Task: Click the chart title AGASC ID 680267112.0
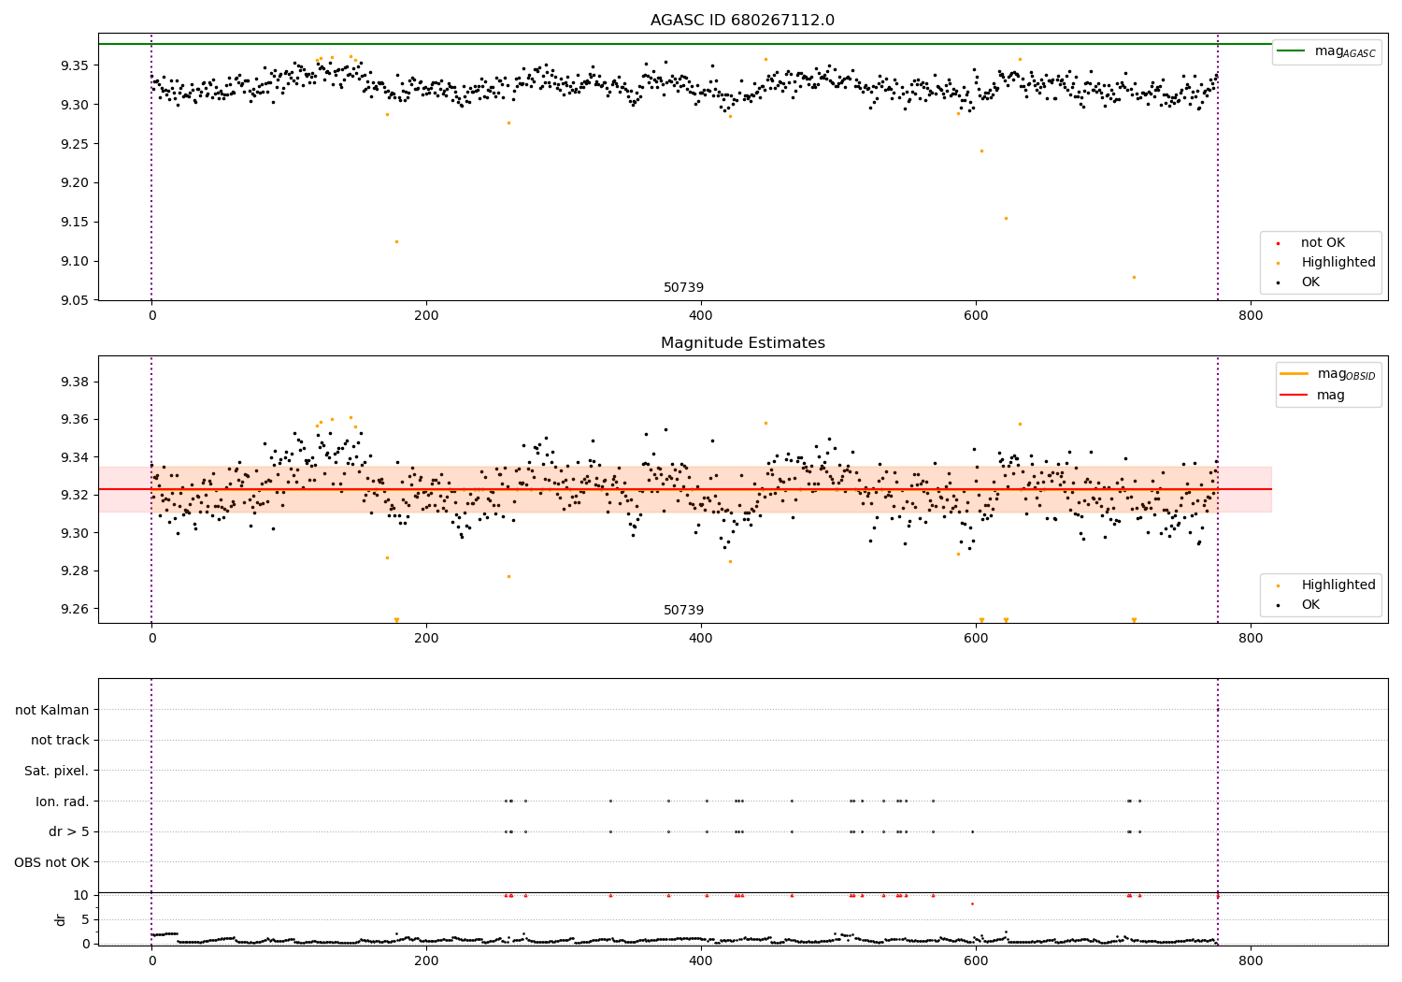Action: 742,21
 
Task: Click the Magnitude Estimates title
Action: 742,343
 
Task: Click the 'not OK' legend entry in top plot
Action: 1323,243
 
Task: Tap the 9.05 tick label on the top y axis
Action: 74,300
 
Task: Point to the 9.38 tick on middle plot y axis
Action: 74,382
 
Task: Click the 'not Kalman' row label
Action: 52,710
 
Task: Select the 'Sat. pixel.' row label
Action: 57,771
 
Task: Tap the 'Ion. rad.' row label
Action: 63,801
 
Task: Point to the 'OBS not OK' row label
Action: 52,862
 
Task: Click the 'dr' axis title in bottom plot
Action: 61,919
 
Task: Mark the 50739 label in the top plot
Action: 683,288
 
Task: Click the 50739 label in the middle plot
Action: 683,611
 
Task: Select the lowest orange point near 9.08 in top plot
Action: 1134,277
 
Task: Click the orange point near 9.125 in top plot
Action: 396,241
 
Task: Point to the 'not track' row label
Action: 60,740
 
